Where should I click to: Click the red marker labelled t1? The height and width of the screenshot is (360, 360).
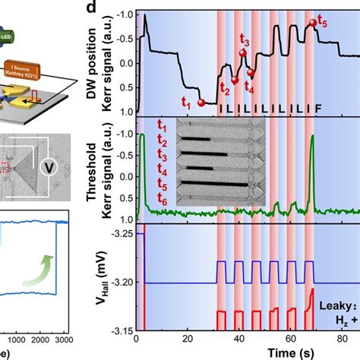pyautogui.click(x=201, y=102)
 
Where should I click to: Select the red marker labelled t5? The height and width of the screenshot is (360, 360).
pyautogui.click(x=312, y=24)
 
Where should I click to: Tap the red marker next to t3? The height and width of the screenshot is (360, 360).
pyautogui.click(x=243, y=52)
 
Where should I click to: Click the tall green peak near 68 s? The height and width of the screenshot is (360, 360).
pyautogui.click(x=312, y=137)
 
